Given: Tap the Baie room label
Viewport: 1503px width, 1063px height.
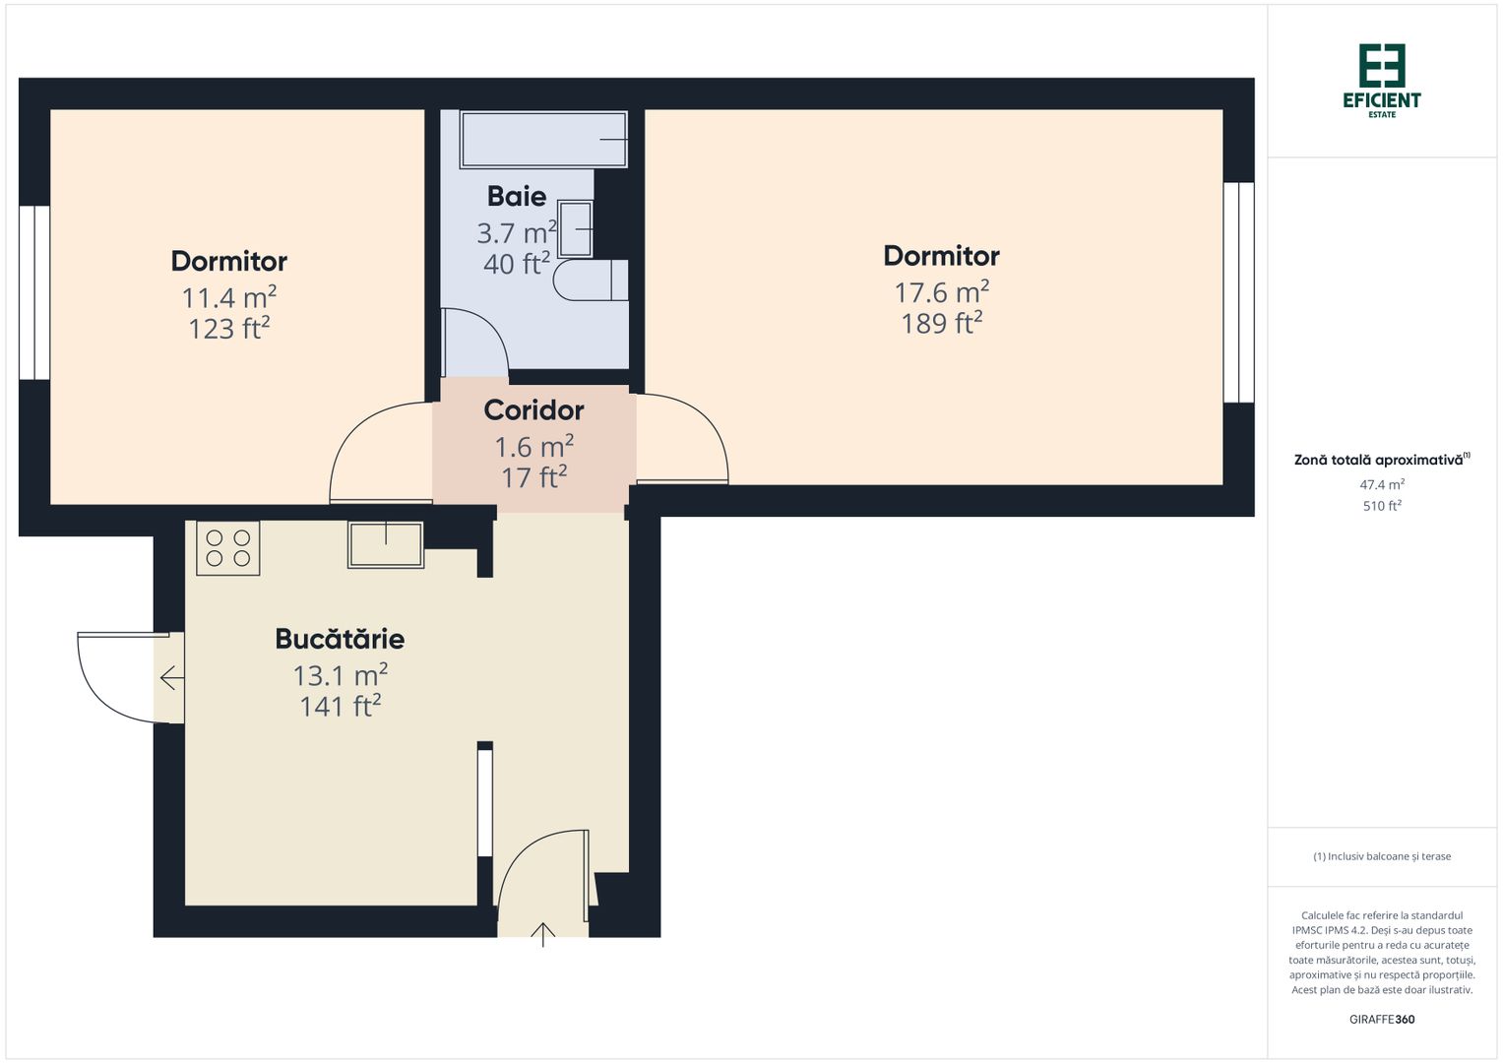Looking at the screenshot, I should pos(517,196).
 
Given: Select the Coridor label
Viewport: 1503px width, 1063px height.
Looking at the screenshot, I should pos(533,409).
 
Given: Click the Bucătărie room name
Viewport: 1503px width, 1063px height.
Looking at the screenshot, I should pos(340,639).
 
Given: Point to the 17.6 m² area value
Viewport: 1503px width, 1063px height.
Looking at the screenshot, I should pos(941,292).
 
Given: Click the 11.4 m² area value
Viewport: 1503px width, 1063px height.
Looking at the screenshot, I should pos(228,297).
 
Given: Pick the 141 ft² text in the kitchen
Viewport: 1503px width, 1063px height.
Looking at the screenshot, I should pos(340,707).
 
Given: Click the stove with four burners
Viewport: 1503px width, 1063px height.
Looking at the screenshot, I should pos(227,548).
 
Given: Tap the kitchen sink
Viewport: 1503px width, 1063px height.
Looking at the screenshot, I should pos(385,544).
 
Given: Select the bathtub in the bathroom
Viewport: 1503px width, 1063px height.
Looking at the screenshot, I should pos(543,140).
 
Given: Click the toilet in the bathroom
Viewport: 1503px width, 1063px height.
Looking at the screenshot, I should pos(589,281).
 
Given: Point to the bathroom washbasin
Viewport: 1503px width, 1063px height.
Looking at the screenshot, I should pos(576,229).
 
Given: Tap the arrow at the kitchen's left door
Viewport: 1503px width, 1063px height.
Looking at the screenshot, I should pos(171,678).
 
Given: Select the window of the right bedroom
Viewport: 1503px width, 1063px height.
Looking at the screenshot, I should pos(1238,292).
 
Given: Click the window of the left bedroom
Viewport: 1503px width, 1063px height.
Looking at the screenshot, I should pos(34,292).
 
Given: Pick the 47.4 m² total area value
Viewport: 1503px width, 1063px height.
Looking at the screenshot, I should pos(1382,484).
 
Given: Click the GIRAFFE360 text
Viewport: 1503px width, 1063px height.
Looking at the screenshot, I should pos(1382,1020).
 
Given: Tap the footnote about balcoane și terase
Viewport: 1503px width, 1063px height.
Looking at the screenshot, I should pos(1382,856).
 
